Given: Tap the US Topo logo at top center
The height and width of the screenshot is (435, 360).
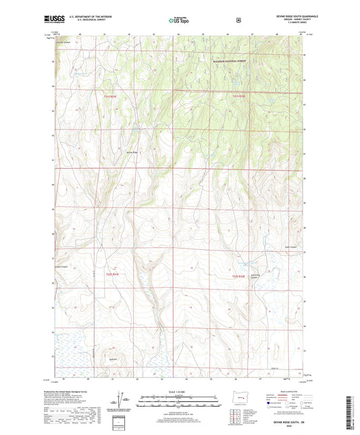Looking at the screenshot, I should click(x=179, y=20).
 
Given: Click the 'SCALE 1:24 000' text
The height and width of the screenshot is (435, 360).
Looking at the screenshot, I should click(x=178, y=396).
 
